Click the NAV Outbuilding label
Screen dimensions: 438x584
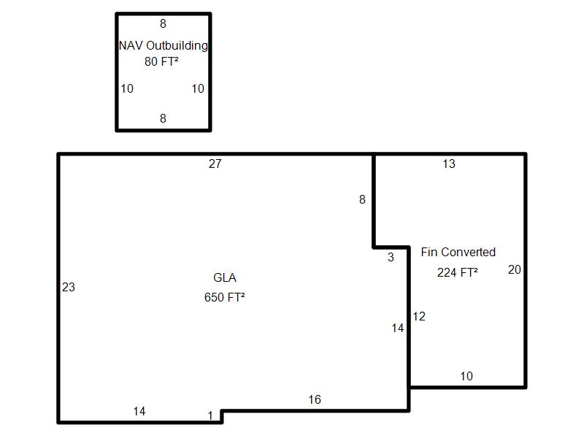pyautogui.click(x=163, y=45)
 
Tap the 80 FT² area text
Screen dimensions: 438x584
pyautogui.click(x=161, y=62)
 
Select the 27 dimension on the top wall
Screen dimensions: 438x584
pyautogui.click(x=215, y=164)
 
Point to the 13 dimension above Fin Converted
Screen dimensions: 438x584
pyautogui.click(x=449, y=164)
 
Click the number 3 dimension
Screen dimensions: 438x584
pyautogui.click(x=391, y=257)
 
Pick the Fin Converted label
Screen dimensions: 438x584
pyautogui.click(x=458, y=252)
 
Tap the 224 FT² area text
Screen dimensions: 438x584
pyautogui.click(x=458, y=272)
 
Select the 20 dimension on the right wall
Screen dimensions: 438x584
pyautogui.click(x=514, y=270)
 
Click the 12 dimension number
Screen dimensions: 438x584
pyautogui.click(x=418, y=317)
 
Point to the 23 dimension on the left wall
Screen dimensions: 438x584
pyautogui.click(x=68, y=288)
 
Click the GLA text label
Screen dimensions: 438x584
pyautogui.click(x=225, y=278)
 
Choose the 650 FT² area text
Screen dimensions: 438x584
pyautogui.click(x=224, y=297)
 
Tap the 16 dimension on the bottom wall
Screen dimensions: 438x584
pyautogui.click(x=314, y=399)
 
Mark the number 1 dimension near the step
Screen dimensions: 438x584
pyautogui.click(x=210, y=416)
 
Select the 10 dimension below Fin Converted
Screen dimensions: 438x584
pyautogui.click(x=466, y=377)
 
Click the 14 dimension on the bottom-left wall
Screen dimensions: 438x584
pyautogui.click(x=139, y=412)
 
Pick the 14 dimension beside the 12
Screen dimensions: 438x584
pyautogui.click(x=397, y=328)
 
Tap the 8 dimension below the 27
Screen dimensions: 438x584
pyautogui.click(x=362, y=199)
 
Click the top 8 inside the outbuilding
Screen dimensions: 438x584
pyautogui.click(x=163, y=24)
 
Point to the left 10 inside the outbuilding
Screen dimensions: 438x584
pyautogui.click(x=127, y=89)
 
